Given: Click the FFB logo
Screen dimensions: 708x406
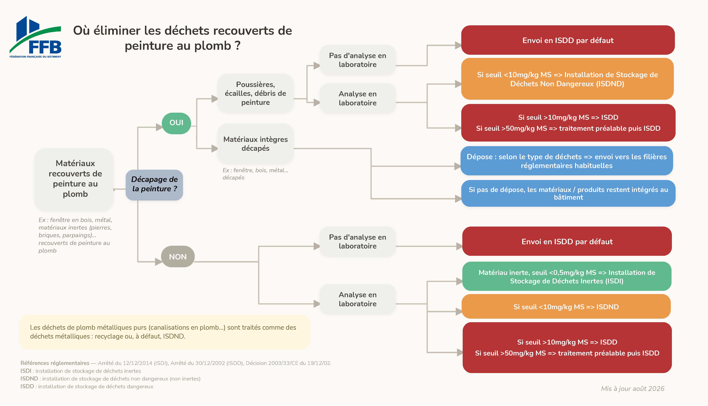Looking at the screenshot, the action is point(35,37).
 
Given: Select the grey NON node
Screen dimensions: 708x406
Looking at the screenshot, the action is point(178,256).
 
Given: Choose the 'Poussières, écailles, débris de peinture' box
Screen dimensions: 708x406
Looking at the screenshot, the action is point(256,93).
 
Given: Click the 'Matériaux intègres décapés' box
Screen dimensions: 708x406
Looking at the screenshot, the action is point(256,144).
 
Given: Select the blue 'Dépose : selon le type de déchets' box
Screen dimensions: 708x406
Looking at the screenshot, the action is point(567,161).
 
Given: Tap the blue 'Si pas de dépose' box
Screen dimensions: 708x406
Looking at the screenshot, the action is point(568,193).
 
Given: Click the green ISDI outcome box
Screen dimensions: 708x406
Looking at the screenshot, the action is point(567,276).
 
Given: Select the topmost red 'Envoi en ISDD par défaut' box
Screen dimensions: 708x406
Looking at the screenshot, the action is point(568,40).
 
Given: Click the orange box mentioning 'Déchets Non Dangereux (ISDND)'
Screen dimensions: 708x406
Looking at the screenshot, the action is point(567,79).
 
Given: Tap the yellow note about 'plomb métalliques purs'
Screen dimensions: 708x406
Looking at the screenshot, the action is point(165,332).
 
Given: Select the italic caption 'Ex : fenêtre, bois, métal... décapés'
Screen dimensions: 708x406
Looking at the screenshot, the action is point(255,174).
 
